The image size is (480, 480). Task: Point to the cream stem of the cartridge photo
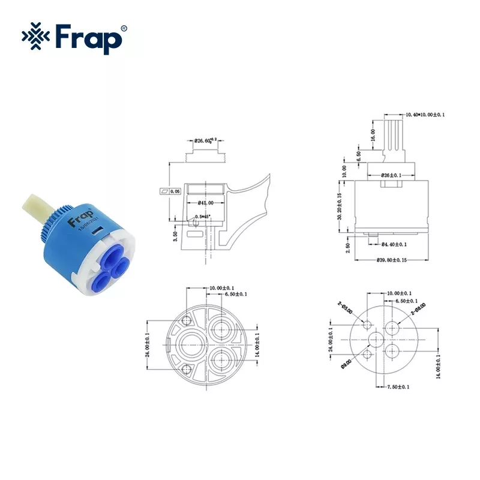click(37, 211)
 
